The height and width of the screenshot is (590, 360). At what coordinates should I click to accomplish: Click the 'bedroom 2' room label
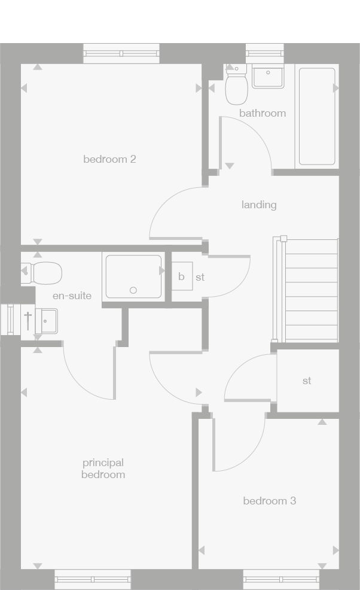[109, 159]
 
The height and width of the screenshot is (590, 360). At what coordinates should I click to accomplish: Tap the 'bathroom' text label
[263, 113]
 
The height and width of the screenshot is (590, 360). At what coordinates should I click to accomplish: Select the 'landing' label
[259, 205]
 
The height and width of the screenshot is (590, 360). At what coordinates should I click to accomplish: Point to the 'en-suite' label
[72, 296]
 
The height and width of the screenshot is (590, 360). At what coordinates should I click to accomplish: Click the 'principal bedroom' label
[103, 469]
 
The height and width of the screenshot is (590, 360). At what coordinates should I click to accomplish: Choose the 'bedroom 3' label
[269, 501]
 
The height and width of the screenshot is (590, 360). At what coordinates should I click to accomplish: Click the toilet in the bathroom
[237, 87]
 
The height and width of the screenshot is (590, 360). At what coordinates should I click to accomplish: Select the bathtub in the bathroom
[316, 116]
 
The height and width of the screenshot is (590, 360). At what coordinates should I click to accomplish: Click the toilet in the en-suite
[44, 273]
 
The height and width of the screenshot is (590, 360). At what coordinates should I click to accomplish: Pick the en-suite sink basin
[46, 321]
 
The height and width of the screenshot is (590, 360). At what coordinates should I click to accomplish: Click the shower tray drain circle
[133, 291]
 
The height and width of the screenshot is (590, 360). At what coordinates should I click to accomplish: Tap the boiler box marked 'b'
[182, 277]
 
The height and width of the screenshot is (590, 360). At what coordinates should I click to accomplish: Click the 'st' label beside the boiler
[200, 278]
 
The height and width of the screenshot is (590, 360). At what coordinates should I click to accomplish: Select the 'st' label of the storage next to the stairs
[307, 381]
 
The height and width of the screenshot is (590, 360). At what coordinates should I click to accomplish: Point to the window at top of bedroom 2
[122, 54]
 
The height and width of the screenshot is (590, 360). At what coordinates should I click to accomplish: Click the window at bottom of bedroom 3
[281, 579]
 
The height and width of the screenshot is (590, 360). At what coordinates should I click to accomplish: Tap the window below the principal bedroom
[92, 579]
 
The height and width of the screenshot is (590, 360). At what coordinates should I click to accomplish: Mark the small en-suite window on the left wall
[11, 319]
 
